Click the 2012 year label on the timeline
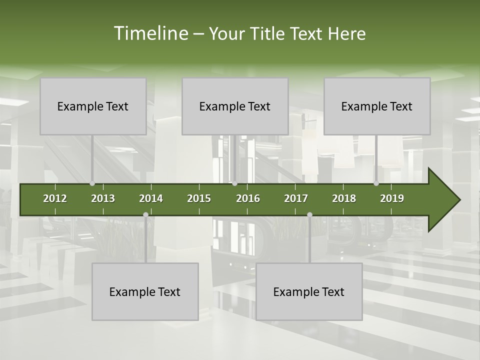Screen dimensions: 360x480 [55, 198]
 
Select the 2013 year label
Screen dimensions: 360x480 [103, 198]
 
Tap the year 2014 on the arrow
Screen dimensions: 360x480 [151, 198]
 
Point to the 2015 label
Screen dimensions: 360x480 [199, 198]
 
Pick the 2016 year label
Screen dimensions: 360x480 [248, 198]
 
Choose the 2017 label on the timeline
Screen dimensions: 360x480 [296, 198]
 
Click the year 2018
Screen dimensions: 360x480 [344, 198]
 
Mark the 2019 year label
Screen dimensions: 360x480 [392, 198]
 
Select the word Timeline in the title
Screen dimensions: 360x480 [150, 33]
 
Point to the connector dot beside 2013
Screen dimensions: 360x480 [92, 183]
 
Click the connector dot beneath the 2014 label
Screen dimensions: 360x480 [145, 214]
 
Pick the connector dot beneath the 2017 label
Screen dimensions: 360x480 [309, 214]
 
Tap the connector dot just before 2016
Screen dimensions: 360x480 [234, 183]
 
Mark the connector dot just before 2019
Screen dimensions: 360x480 [376, 183]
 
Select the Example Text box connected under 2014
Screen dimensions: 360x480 [145, 291]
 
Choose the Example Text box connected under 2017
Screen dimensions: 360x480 [309, 291]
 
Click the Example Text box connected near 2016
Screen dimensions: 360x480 [235, 106]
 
